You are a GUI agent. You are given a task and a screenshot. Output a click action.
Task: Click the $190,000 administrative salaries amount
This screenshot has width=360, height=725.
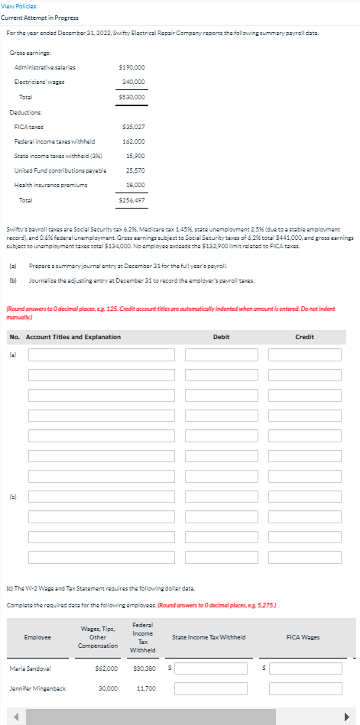point(133,67)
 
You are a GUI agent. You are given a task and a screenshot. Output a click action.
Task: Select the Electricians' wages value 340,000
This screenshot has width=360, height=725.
point(134,82)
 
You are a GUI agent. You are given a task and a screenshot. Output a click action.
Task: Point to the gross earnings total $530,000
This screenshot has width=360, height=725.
point(133,97)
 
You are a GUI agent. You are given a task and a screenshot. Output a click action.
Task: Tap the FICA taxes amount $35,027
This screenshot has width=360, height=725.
point(134,126)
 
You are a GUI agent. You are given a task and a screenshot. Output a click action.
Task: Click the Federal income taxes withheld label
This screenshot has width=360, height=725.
point(44,141)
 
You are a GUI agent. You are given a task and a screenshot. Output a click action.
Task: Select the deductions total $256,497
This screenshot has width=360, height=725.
point(133,199)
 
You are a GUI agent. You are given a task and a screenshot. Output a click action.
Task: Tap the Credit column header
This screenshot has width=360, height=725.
point(304,337)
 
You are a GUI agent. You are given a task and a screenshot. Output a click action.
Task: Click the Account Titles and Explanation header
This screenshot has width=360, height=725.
point(73,337)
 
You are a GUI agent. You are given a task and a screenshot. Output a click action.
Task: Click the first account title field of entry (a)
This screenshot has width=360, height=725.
point(101,354)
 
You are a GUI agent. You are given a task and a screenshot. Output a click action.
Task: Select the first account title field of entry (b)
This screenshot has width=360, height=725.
point(101,497)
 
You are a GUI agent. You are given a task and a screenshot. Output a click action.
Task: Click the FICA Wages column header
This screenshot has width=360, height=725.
point(303,636)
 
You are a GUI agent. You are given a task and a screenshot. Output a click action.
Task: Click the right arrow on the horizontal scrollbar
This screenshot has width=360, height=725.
point(352,717)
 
